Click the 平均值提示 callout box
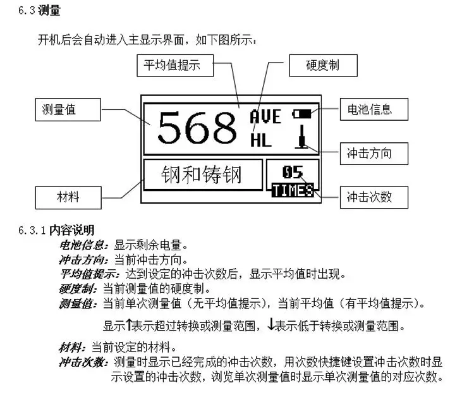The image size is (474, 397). (x=175, y=66)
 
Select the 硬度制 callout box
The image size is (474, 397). (x=323, y=66)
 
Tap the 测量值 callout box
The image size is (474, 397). (x=68, y=110)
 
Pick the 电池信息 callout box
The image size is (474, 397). (x=374, y=109)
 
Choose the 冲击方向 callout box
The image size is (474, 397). (x=374, y=154)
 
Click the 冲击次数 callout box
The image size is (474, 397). (x=374, y=197)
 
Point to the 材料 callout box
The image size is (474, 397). (x=68, y=198)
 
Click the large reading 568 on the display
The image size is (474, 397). (x=197, y=128)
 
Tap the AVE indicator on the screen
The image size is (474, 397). (x=265, y=116)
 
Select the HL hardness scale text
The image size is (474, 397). (x=261, y=140)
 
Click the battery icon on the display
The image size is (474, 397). (x=301, y=114)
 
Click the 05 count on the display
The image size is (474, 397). (x=293, y=172)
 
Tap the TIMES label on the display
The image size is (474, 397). (x=293, y=190)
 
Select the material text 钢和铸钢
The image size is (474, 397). (x=202, y=174)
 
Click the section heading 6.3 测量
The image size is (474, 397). (x=39, y=11)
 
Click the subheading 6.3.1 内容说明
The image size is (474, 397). (x=56, y=230)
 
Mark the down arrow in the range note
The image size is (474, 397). (x=271, y=324)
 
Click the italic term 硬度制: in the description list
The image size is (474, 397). (x=78, y=289)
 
